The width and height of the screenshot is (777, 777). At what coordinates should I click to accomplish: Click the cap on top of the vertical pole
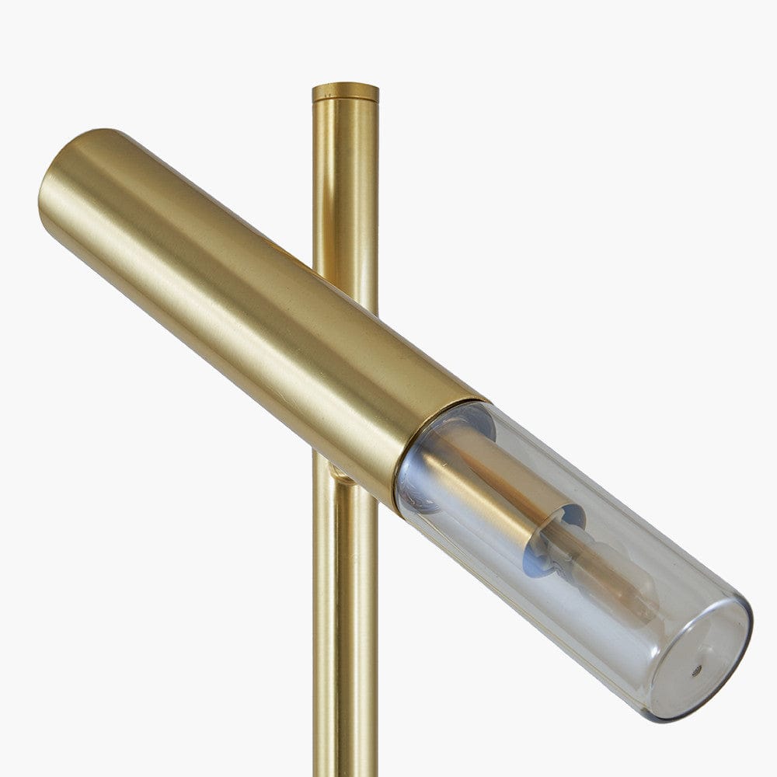click(x=345, y=92)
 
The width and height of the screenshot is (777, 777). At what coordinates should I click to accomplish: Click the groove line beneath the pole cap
click(x=345, y=103)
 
